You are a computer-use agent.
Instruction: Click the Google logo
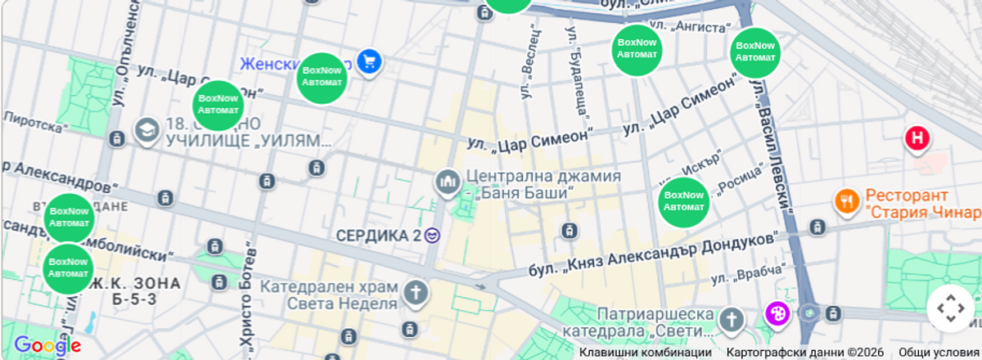pos(47,346)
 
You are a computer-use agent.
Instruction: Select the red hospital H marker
pos(917,138)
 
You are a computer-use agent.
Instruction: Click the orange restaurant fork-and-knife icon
pos(846,200)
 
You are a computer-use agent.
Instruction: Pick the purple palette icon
pos(777,313)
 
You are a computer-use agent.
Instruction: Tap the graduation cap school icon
pos(146,131)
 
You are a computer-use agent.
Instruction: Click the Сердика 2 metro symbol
pos(433,236)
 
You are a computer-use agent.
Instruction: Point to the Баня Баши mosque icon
pos(447,182)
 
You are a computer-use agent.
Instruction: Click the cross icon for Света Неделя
pos(416,293)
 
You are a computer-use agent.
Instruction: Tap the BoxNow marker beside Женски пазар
pos(322,78)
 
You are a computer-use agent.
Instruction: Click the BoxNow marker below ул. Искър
pos(683,201)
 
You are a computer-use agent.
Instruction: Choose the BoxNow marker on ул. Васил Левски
pos(755,52)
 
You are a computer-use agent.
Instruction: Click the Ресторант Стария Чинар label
pos(921,205)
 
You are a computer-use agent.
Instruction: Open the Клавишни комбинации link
pos(646,353)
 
